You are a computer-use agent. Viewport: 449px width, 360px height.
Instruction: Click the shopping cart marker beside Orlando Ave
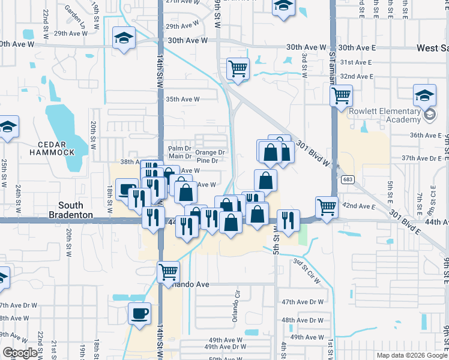tap(169, 271)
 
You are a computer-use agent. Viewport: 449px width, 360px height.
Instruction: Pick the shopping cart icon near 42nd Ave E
tap(327, 206)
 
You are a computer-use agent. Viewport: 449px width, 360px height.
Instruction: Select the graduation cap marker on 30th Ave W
tap(124, 38)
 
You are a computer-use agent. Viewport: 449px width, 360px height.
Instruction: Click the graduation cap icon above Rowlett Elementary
tap(424, 95)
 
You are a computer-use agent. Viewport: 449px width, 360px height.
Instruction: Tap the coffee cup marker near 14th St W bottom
tap(139, 313)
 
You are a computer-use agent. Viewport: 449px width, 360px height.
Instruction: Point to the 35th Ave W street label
tap(182, 99)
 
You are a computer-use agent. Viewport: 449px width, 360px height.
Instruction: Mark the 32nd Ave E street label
tap(357, 77)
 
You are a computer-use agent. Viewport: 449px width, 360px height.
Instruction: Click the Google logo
tap(20, 353)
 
